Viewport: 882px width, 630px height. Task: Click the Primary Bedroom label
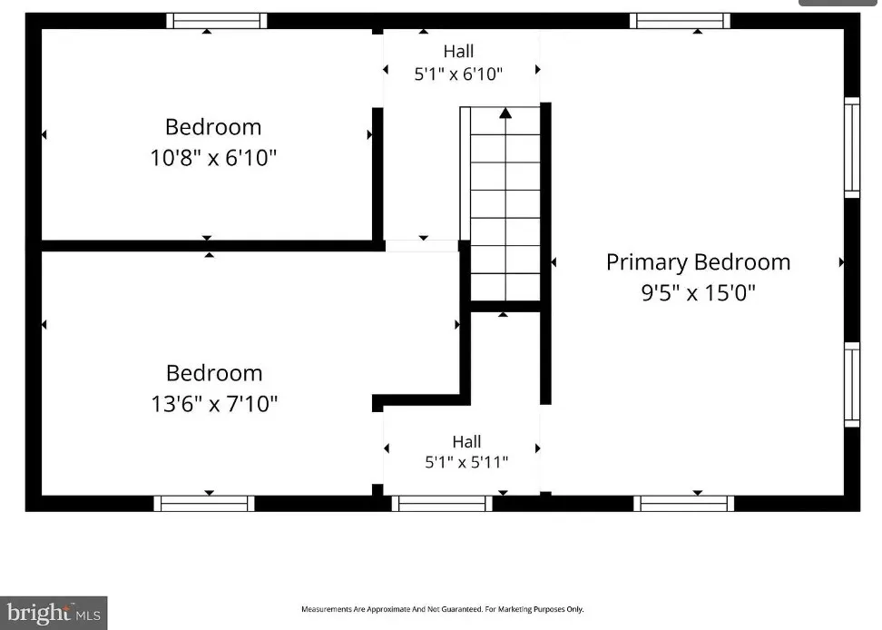point(698,262)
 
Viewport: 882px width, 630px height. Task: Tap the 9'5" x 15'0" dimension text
point(698,292)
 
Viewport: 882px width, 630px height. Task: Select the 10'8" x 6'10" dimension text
point(213,158)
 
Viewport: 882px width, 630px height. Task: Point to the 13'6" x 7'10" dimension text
point(214,403)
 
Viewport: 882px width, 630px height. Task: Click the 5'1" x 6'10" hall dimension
point(458,74)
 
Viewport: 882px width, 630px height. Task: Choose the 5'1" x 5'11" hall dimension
point(466,462)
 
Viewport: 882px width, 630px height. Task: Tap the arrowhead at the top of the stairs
point(505,113)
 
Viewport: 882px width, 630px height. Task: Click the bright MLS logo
point(54,613)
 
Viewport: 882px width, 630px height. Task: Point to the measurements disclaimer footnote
point(443,609)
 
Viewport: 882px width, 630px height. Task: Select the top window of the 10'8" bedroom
point(217,21)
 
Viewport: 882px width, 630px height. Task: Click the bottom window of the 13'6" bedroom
point(204,504)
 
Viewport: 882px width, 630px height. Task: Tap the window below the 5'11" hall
point(442,504)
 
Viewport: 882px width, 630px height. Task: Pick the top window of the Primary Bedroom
point(680,21)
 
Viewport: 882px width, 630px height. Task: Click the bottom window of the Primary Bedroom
point(684,504)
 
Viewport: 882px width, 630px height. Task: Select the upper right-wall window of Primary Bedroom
point(852,147)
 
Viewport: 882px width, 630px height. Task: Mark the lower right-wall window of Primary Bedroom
point(852,385)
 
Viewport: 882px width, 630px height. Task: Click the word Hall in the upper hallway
point(458,51)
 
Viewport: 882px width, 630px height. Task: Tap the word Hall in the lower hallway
point(466,441)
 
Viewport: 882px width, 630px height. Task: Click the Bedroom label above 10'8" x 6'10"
point(213,127)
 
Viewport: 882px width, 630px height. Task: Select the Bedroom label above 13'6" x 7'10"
point(214,373)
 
